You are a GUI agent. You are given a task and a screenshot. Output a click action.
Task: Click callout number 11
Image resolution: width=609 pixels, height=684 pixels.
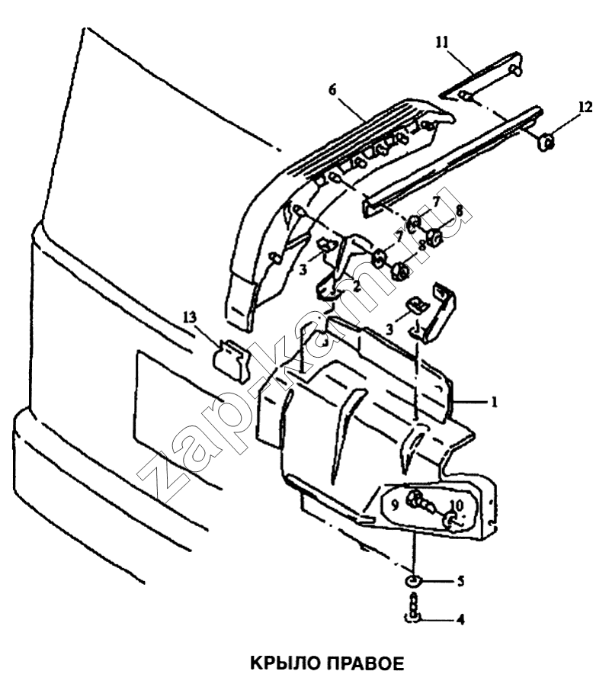441,43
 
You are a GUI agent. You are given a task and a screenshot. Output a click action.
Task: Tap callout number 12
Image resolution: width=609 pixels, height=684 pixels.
585,107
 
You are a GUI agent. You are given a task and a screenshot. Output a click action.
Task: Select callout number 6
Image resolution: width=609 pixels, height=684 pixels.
332,90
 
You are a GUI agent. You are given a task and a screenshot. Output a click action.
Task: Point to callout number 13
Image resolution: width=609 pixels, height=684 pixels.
190,316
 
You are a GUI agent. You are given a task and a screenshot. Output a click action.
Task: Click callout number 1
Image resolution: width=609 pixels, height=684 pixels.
494,401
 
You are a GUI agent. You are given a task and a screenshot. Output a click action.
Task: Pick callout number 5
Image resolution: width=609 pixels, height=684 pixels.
460,581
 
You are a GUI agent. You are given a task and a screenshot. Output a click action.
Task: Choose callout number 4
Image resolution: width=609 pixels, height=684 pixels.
460,619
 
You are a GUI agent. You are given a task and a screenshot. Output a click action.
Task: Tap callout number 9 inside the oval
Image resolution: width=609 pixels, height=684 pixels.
395,505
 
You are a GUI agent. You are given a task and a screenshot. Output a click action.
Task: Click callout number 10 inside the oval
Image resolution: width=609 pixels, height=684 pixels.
457,505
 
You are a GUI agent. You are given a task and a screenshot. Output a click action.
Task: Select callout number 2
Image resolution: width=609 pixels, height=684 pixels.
356,287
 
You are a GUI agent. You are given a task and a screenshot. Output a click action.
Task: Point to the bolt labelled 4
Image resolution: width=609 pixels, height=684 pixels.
414,606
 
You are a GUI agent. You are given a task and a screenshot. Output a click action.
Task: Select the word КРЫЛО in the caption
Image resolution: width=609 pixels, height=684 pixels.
284,663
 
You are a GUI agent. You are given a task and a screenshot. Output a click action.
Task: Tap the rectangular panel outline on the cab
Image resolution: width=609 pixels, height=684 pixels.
136,393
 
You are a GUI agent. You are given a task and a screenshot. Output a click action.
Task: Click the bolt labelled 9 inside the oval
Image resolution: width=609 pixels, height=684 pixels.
419,502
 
